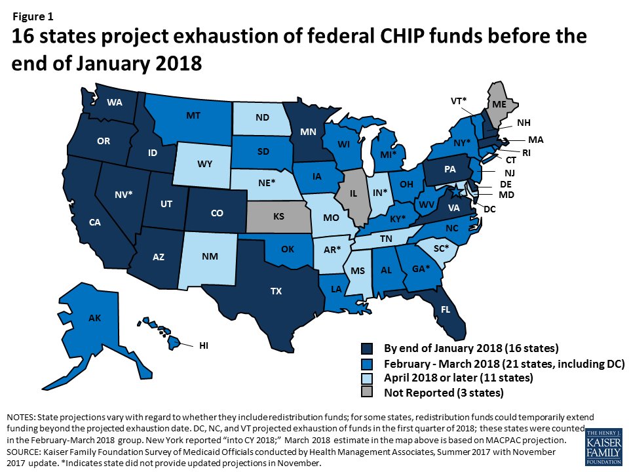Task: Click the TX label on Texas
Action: tap(276, 290)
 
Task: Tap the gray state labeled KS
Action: tap(278, 216)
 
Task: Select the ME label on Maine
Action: tap(500, 104)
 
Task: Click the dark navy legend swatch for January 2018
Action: tap(368, 348)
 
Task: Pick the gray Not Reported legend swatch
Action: tap(368, 393)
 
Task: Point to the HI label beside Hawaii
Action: tap(204, 345)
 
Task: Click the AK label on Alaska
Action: tap(95, 319)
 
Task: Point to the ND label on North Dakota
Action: tap(263, 118)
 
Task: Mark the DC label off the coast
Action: tap(489, 209)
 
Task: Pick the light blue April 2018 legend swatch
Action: tap(368, 378)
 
